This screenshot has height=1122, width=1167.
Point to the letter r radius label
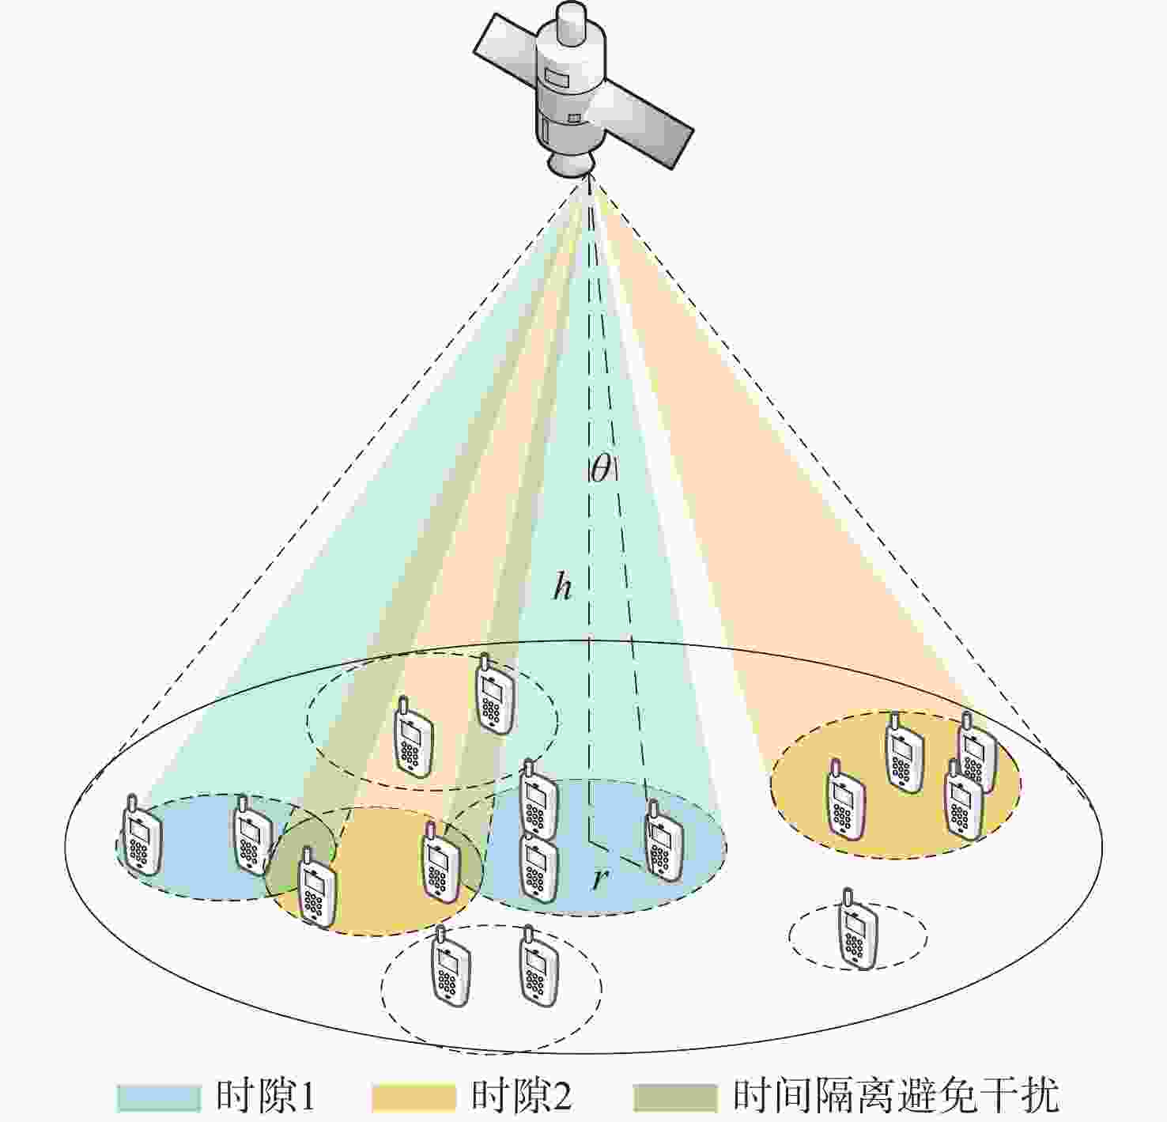(599, 879)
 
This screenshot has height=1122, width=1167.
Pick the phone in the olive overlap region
(317, 889)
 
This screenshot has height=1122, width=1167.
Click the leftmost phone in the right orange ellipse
(846, 798)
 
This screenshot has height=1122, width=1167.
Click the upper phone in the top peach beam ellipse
(495, 693)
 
